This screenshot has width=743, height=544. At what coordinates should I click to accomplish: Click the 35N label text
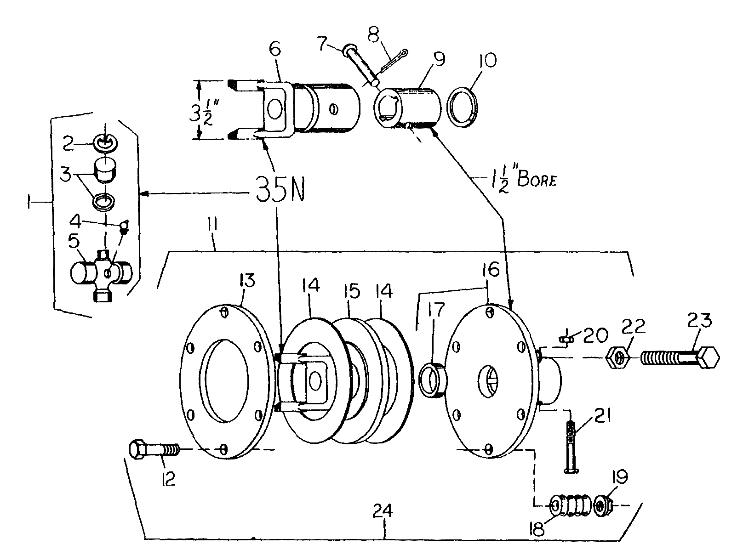[x=280, y=188]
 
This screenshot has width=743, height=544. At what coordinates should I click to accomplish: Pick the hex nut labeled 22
[x=618, y=358]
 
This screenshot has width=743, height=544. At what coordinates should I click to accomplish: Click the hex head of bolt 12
[x=137, y=449]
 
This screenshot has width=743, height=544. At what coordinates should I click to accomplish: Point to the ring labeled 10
[x=463, y=107]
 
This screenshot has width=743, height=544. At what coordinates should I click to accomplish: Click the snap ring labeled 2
[x=107, y=143]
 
